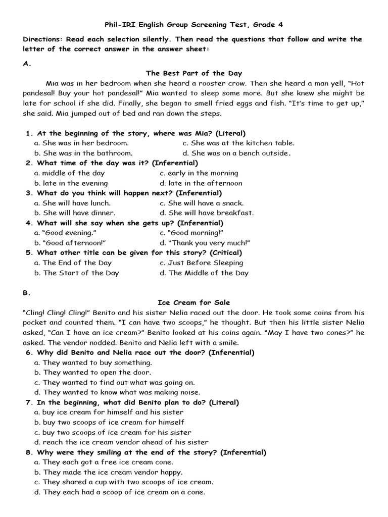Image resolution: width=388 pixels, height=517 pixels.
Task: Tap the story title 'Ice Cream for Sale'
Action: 193,302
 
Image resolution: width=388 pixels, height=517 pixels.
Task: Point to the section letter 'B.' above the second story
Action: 27,292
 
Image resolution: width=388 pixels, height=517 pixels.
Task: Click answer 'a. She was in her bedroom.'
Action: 81,143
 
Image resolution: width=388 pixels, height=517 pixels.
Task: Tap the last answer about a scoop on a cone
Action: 120,492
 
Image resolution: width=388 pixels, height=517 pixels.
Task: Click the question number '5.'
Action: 29,253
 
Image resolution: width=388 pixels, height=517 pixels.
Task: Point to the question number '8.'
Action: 29,452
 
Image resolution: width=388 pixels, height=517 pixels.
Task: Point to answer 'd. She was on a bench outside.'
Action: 236,153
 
